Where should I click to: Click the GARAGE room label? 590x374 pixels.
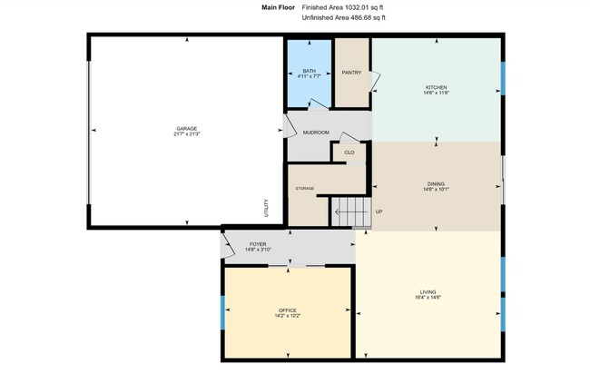(x=187, y=128)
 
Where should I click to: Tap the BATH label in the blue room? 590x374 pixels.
(x=310, y=71)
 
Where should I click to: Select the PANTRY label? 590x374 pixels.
(x=351, y=73)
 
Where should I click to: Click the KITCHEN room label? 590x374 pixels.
(x=437, y=87)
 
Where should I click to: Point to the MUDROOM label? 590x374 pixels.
(x=316, y=133)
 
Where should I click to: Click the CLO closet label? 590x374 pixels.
(x=349, y=152)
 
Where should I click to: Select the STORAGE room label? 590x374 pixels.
(x=304, y=188)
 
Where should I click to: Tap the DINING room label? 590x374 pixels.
(x=437, y=184)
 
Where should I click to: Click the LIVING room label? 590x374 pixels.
(x=428, y=291)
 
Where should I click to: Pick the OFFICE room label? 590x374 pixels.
(x=287, y=311)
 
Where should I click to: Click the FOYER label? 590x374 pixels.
(x=258, y=244)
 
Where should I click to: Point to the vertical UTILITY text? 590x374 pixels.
(x=266, y=209)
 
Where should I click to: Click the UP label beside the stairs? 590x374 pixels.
(x=379, y=212)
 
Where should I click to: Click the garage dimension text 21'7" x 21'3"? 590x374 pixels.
(x=187, y=134)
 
